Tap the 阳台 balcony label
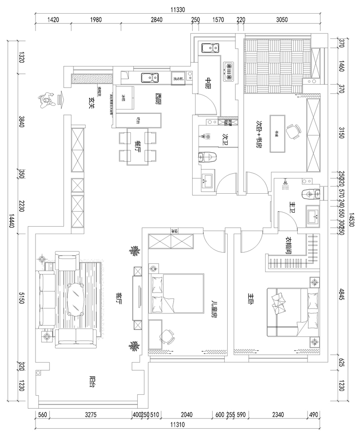(x=92, y=382)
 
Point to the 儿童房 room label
(x=213, y=308)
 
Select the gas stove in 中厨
(x=228, y=71)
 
